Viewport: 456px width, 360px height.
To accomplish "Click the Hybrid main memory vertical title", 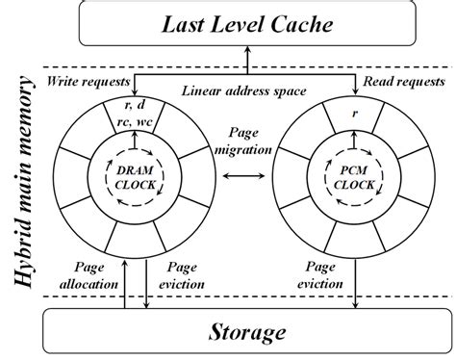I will pos(20,183).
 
